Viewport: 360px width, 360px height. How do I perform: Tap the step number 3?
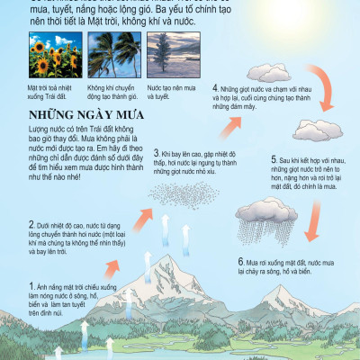pyautogui.click(x=157, y=154)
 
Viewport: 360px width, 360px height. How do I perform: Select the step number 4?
pyautogui.click(x=215, y=88)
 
